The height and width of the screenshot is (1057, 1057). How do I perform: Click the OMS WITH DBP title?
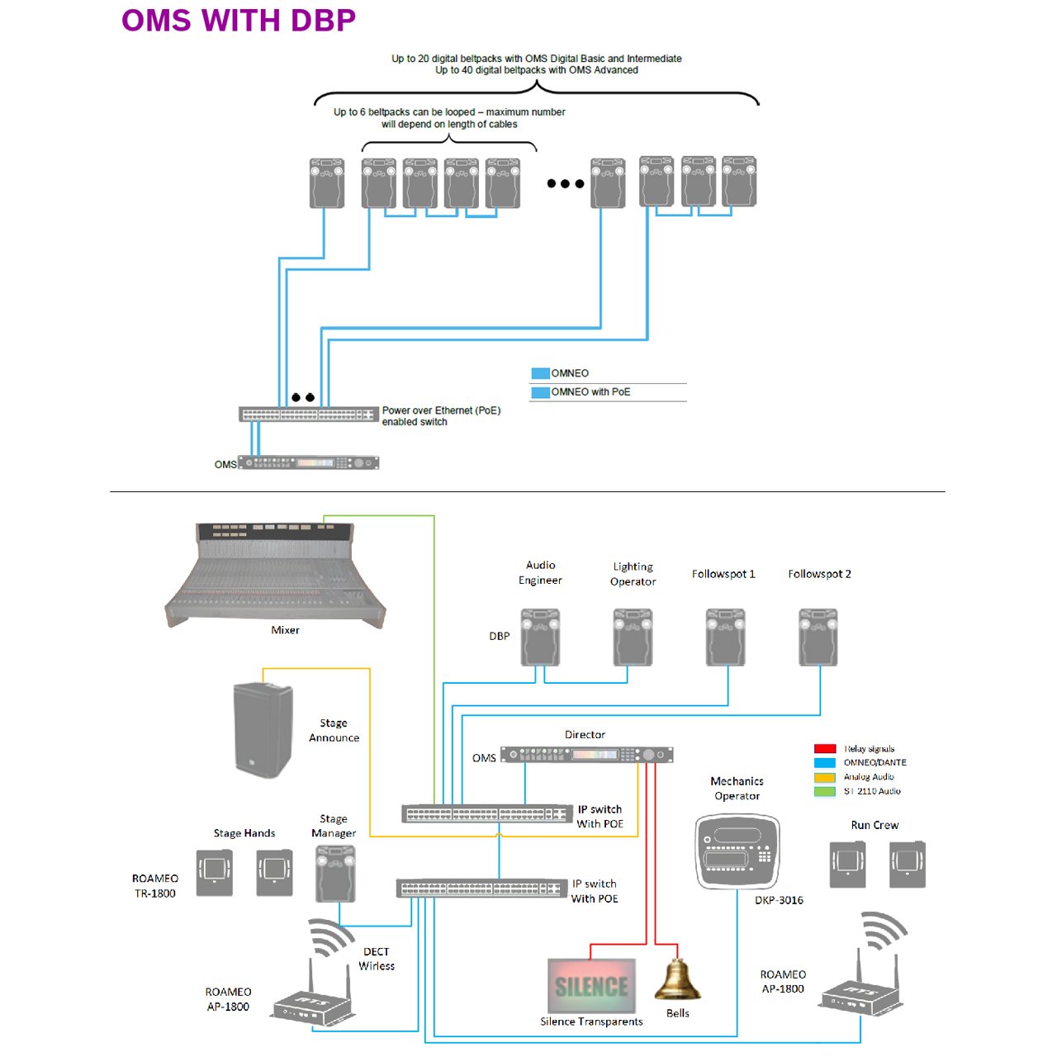239,21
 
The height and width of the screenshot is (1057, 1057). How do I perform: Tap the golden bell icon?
677,979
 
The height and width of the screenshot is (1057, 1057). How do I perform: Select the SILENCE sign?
591,986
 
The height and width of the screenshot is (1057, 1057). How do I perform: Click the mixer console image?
275,575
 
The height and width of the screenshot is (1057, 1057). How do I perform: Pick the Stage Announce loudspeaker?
263,729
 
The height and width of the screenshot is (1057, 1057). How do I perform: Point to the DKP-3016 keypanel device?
737,851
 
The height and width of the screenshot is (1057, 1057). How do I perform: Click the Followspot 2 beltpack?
818,637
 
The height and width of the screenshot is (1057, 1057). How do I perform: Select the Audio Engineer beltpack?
540,637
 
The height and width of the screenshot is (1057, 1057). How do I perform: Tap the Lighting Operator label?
633,574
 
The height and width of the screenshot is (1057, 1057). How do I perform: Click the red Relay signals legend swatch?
825,748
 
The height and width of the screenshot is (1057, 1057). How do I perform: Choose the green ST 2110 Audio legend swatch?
825,791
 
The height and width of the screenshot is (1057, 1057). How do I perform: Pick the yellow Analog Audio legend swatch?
825,777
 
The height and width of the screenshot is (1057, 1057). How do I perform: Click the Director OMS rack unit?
587,755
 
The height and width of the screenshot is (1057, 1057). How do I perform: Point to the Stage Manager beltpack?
335,873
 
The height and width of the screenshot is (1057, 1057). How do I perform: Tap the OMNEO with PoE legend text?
590,391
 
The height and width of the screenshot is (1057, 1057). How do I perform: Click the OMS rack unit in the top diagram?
308,463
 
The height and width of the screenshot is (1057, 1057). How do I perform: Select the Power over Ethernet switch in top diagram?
309,415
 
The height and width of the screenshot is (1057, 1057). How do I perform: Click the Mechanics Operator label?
737,789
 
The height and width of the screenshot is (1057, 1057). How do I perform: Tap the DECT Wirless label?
377,959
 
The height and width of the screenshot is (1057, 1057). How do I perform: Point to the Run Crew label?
875,825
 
